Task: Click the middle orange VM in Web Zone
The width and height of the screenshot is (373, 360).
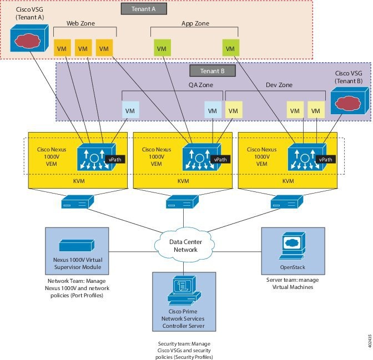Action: [83, 49]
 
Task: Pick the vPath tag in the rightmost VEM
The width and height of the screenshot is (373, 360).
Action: [325, 159]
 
